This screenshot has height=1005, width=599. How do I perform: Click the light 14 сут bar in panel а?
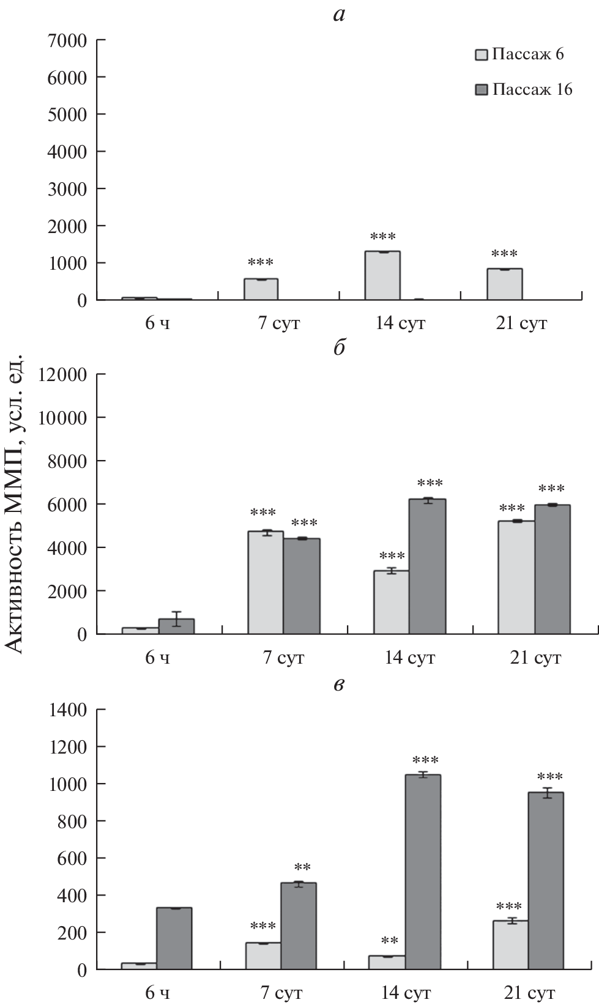pos(382,276)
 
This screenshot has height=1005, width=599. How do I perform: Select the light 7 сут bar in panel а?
pos(261,289)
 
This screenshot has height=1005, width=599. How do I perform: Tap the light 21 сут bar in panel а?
pos(504,284)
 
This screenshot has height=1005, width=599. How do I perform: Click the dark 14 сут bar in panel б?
pos(428,566)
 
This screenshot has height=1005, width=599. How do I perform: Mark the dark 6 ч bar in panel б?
pos(176,626)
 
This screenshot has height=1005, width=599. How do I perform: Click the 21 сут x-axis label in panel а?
pos(522,323)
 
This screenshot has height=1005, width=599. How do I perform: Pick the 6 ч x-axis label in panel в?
pos(157,992)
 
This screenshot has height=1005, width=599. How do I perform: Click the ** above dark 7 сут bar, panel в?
pos(302,867)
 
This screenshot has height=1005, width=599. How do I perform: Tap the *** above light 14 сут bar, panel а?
pos(382,237)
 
